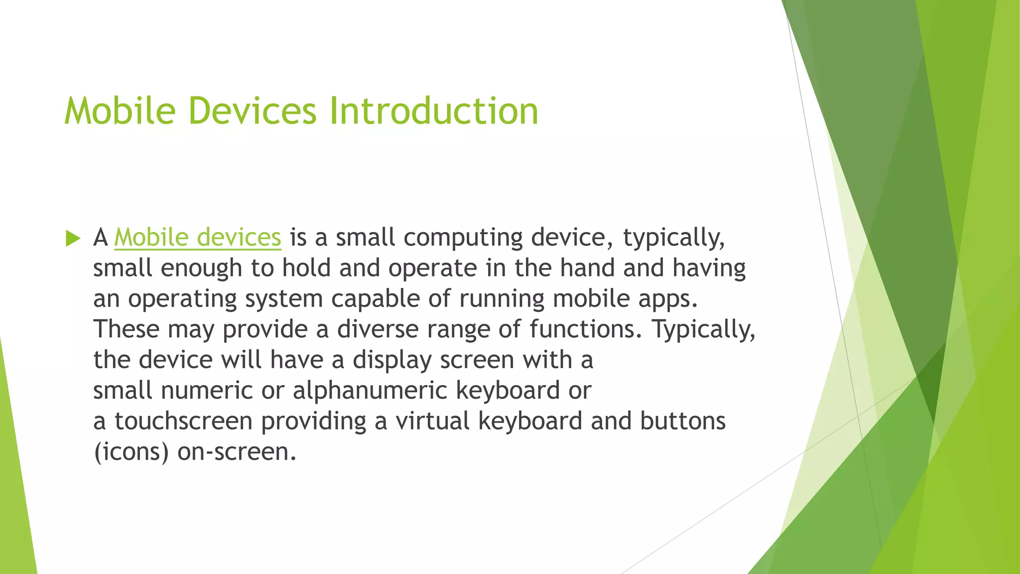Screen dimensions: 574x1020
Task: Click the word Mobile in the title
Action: point(120,111)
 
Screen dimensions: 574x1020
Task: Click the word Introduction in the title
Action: point(433,111)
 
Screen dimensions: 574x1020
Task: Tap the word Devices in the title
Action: point(253,111)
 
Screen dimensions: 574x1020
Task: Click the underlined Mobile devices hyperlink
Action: point(198,237)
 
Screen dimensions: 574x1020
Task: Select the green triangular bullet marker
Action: point(73,238)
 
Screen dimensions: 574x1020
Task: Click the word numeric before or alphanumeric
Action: point(207,390)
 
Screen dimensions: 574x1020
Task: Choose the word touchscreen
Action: point(183,421)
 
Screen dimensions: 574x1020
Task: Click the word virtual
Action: point(432,421)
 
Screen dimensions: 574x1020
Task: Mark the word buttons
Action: point(682,421)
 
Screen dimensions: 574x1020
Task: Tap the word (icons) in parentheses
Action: point(131,452)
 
